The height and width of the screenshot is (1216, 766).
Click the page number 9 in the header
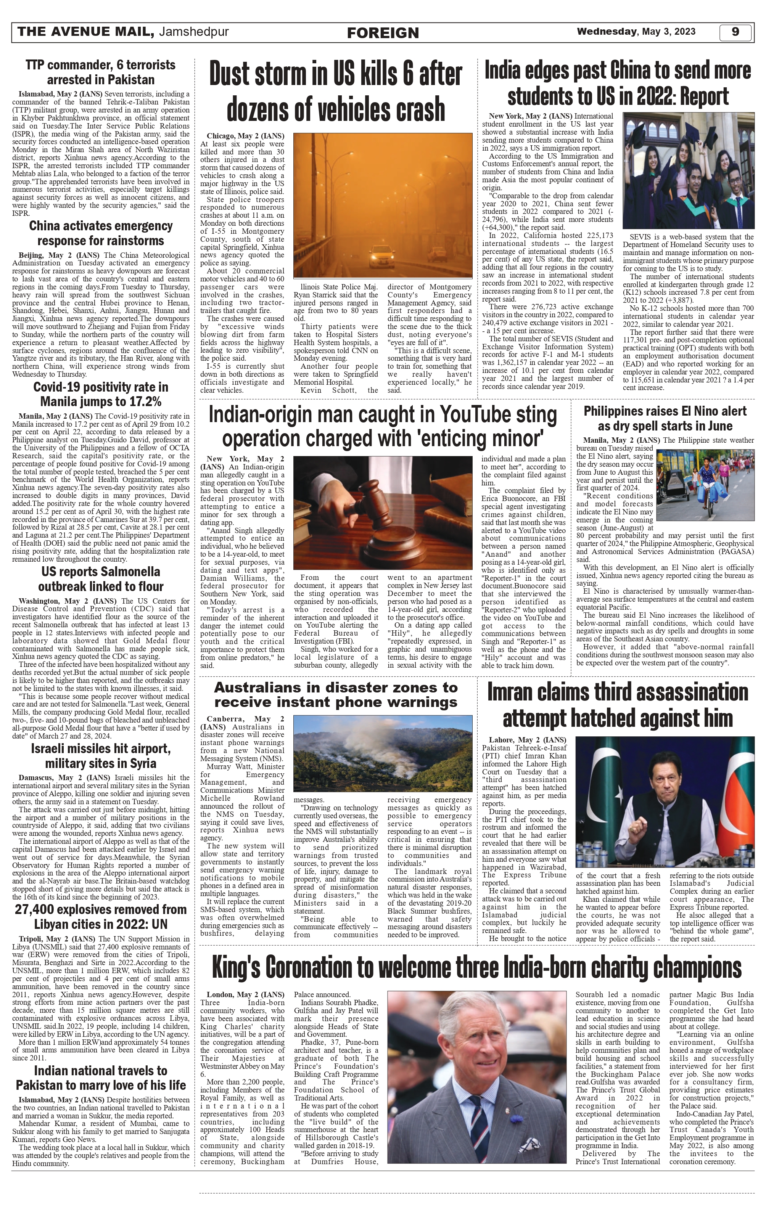(x=735, y=32)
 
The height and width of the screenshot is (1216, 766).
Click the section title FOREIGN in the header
(x=383, y=33)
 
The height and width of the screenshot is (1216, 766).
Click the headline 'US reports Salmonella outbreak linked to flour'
(x=101, y=579)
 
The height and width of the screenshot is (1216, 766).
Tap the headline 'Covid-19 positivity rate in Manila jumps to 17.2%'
(x=101, y=394)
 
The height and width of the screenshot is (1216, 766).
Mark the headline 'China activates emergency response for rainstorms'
(x=101, y=233)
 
